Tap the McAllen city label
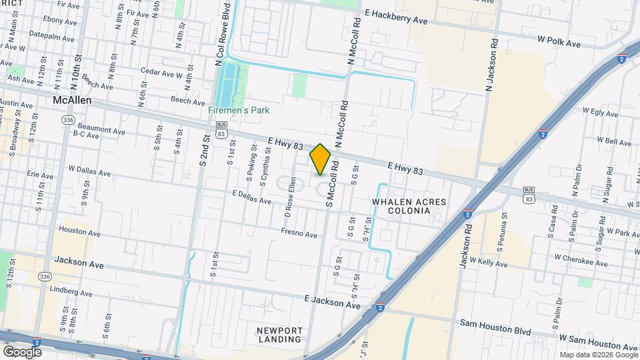coord(72,100)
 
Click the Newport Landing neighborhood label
coord(280,335)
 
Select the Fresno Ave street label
coord(299,234)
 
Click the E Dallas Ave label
coord(251,197)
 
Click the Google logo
coord(22,351)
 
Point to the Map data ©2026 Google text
coord(597,355)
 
